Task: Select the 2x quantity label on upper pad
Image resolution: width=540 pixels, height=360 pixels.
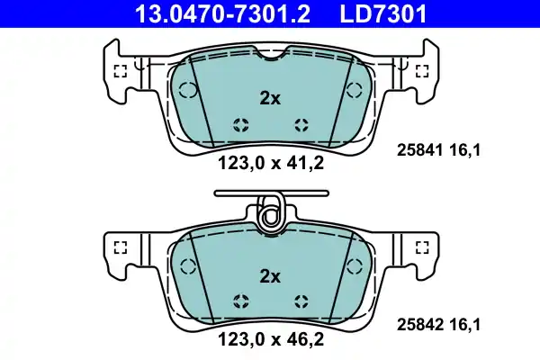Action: click(x=270, y=100)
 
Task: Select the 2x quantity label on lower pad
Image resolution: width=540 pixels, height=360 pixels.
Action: click(x=270, y=275)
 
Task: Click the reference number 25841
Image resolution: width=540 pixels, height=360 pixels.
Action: click(x=418, y=152)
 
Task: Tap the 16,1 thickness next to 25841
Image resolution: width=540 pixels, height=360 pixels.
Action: click(x=466, y=152)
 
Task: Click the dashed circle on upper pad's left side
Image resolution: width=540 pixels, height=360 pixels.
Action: click(x=188, y=89)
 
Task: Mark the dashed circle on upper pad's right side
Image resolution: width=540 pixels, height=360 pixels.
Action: click(x=352, y=89)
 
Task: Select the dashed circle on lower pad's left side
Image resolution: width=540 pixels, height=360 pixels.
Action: click(x=188, y=265)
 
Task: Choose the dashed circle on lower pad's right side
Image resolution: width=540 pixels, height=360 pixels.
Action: click(x=352, y=265)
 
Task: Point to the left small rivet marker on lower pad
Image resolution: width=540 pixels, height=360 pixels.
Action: click(x=239, y=301)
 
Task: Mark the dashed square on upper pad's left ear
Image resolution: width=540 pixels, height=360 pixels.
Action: click(x=120, y=72)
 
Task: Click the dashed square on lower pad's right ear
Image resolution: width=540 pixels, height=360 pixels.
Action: click(x=420, y=247)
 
